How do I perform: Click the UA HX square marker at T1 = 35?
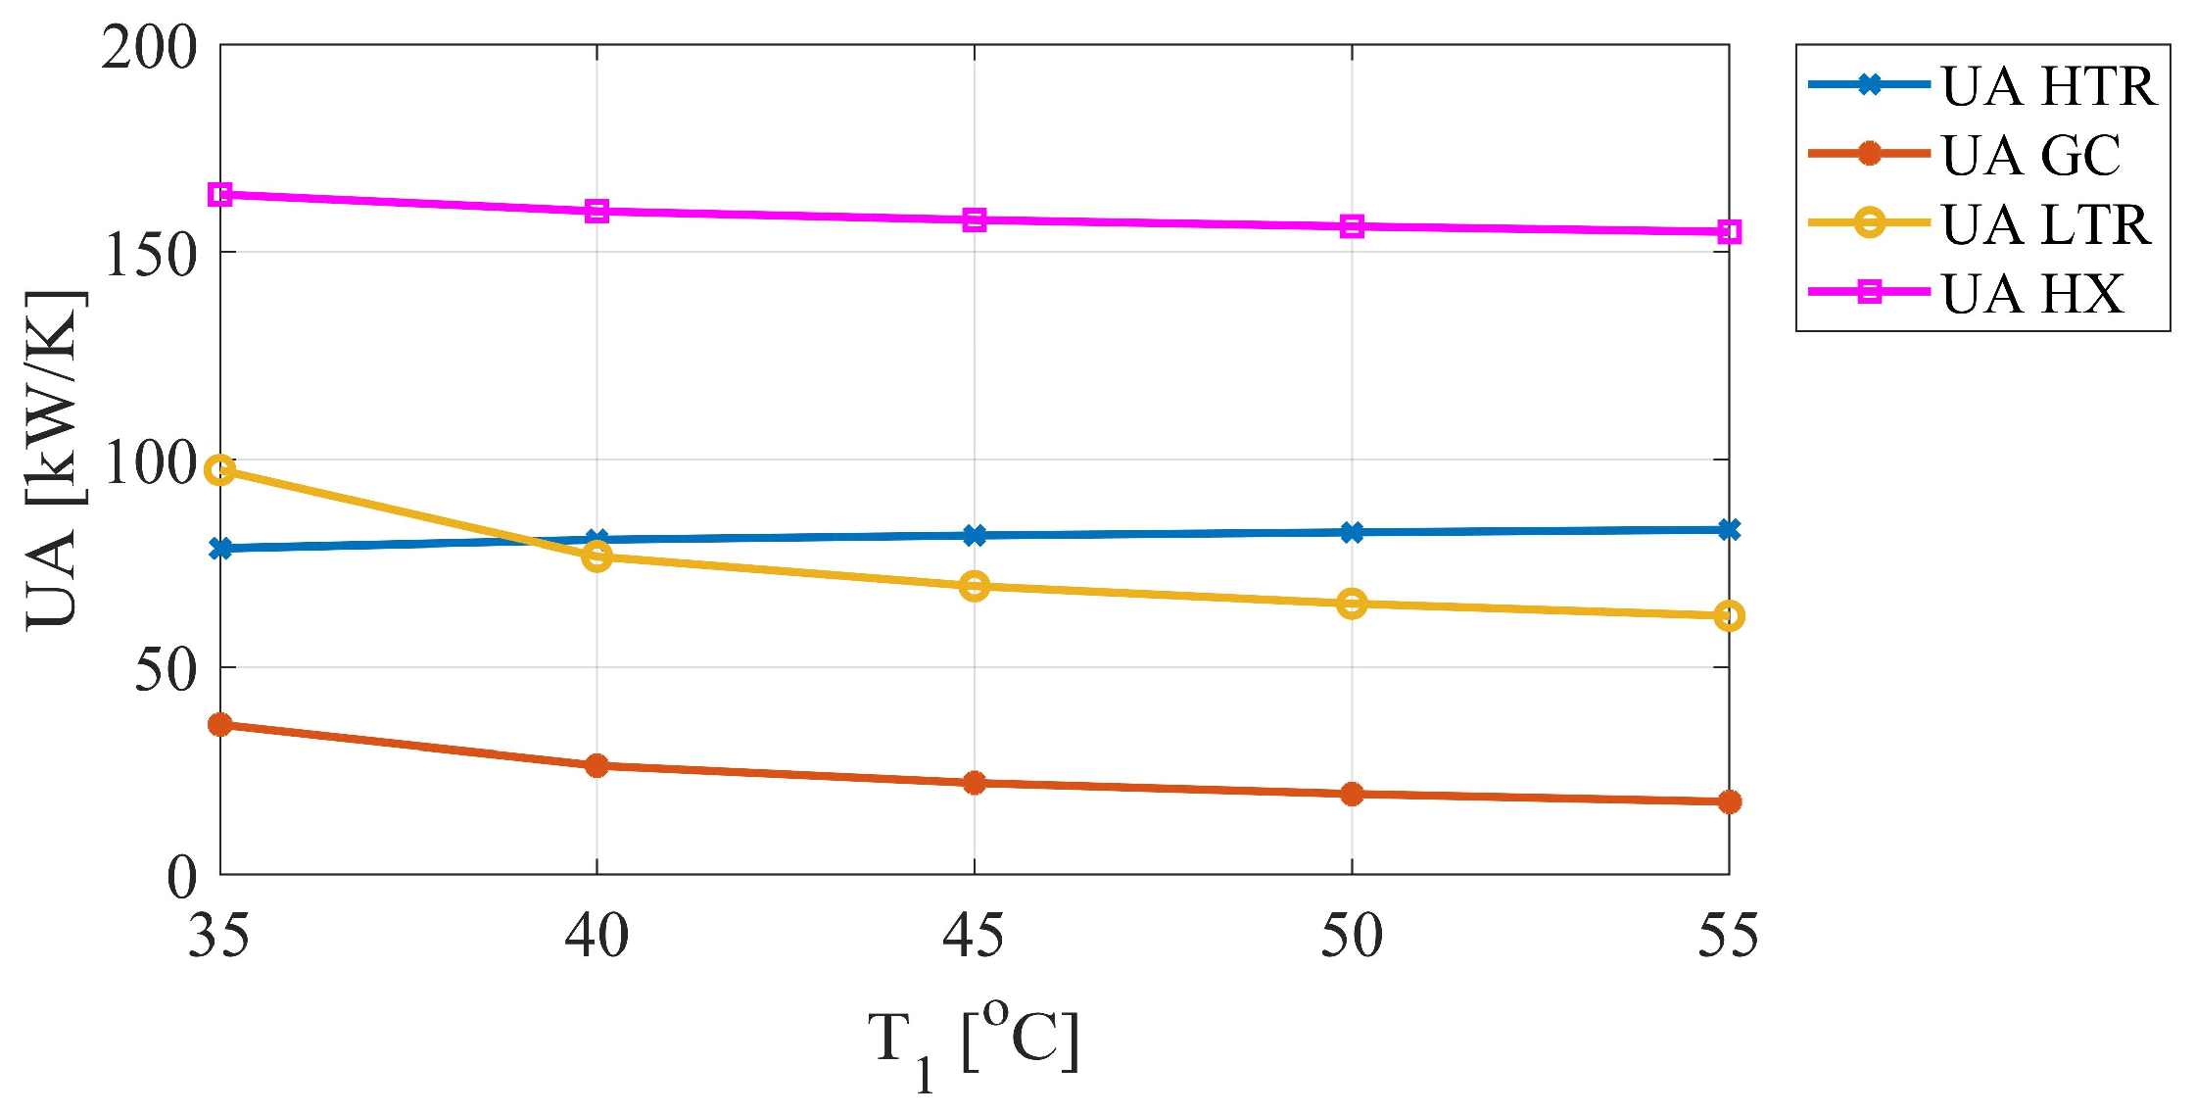220,194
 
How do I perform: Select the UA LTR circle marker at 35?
220,470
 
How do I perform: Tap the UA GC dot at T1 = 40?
596,765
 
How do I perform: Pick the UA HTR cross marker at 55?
1729,529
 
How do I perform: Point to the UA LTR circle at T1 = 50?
1352,604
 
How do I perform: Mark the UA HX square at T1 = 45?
974,219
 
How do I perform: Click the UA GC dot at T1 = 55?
1729,801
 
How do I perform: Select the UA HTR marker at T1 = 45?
974,535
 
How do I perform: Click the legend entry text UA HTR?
2048,86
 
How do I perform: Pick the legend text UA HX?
2032,293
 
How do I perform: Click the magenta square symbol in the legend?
1869,291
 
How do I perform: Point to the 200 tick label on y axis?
149,48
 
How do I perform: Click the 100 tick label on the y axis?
149,462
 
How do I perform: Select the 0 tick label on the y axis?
181,877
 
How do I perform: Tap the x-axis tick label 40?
596,936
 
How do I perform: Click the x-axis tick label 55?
1728,936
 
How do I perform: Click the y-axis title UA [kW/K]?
54,460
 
